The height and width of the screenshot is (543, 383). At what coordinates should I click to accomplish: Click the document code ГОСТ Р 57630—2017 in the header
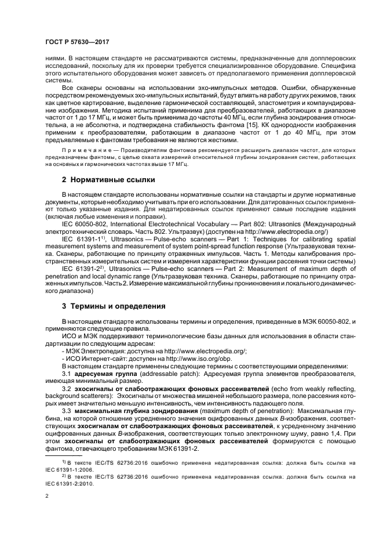76,42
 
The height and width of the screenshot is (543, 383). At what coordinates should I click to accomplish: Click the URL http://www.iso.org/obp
195,359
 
